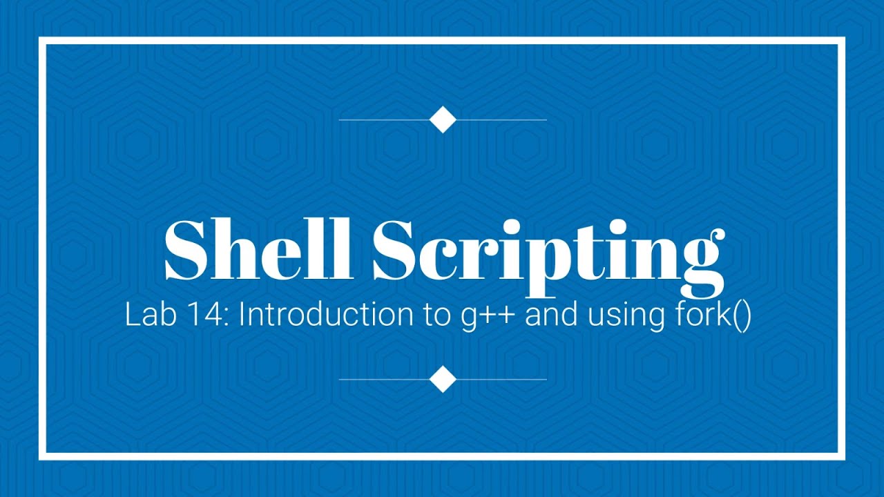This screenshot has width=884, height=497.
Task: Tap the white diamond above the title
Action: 443,120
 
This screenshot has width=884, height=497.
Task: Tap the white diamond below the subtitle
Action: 443,379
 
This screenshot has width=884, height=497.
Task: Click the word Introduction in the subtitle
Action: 323,316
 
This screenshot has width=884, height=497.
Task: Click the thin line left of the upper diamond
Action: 384,120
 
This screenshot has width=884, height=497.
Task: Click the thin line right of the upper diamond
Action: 501,120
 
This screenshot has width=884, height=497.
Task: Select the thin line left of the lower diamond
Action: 384,379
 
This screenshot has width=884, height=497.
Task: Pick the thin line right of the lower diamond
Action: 501,379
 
